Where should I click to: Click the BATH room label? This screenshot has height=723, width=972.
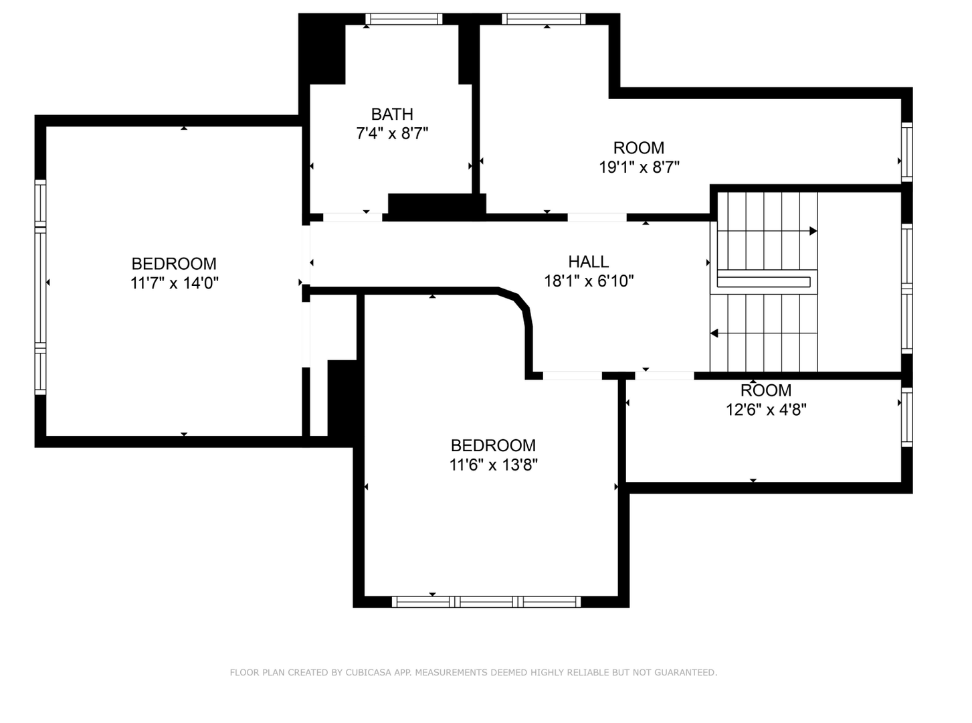click(x=392, y=114)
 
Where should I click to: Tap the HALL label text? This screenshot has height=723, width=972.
click(x=588, y=262)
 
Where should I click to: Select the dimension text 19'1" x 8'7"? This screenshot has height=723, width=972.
click(x=639, y=167)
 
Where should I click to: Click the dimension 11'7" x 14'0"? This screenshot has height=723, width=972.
click(x=174, y=283)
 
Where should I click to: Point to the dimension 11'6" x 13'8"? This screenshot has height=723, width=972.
click(x=493, y=465)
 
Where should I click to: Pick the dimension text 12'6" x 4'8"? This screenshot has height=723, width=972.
click(x=766, y=410)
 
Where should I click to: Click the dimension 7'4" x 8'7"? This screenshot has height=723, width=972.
click(x=392, y=133)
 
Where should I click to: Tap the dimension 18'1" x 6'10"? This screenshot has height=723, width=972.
click(x=589, y=280)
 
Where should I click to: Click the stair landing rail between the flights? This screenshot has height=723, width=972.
click(x=763, y=282)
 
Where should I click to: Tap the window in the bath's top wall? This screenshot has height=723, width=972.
click(x=403, y=19)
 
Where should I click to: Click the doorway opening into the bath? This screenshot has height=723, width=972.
click(x=353, y=217)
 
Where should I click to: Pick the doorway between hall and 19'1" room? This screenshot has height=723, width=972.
click(x=597, y=217)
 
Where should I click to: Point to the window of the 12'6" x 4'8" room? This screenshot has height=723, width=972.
click(x=906, y=417)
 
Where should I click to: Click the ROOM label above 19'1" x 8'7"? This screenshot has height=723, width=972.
click(x=638, y=148)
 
